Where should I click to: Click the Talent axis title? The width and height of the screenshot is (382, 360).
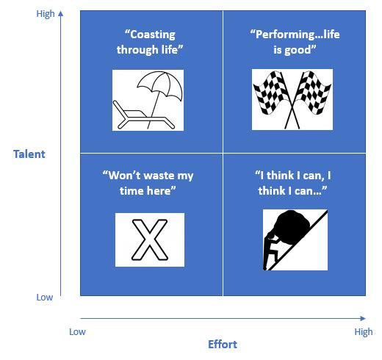[x=29, y=154]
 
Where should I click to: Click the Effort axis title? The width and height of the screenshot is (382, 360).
[x=223, y=345]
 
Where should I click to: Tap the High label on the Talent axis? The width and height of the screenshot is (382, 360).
[x=46, y=14]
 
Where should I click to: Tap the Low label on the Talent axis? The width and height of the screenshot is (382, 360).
[x=45, y=297]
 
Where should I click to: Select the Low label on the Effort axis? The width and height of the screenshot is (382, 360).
[x=77, y=332]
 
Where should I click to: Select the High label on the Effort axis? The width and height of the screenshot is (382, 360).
[x=364, y=332]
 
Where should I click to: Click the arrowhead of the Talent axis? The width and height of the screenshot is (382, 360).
[x=61, y=13]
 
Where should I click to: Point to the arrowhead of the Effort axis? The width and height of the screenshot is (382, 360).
[x=363, y=318]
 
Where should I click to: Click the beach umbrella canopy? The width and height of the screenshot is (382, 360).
[x=160, y=83]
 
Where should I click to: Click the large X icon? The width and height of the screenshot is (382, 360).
[x=150, y=240]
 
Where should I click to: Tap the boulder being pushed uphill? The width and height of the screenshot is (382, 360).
[x=292, y=226]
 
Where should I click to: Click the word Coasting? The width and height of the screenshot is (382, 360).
[x=152, y=35]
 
